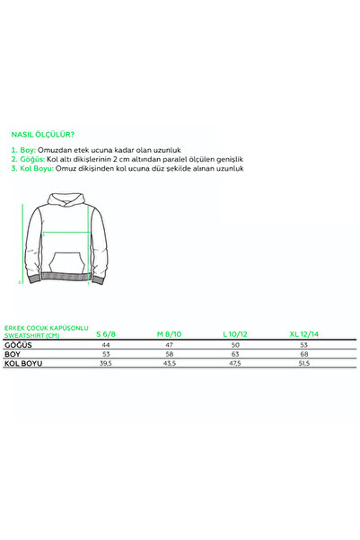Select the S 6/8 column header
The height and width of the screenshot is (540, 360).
point(106,332)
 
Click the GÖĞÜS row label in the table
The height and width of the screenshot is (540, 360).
point(19,344)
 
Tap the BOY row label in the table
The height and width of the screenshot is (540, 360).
point(13,355)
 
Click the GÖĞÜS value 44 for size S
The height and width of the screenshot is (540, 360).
point(106,344)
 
